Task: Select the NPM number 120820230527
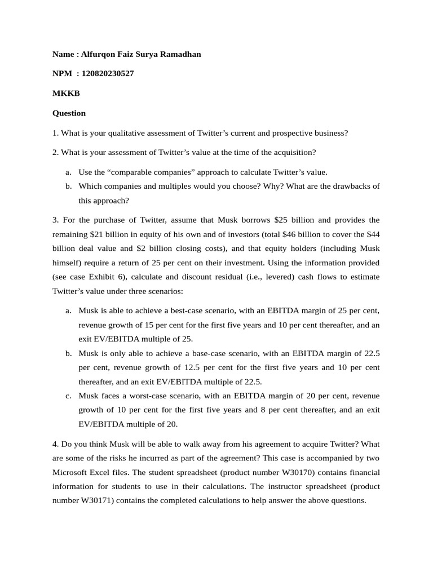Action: [x=108, y=74]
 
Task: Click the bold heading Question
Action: [x=69, y=113]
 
